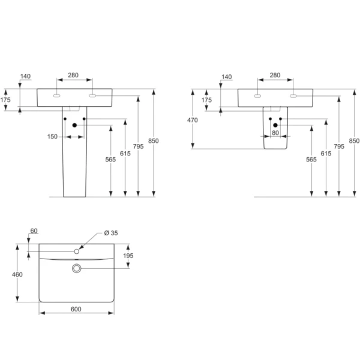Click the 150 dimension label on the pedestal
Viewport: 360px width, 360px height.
click(53, 137)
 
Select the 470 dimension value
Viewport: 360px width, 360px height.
click(192, 120)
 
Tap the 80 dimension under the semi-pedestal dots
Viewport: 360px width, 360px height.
click(275, 133)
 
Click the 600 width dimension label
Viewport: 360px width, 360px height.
click(76, 309)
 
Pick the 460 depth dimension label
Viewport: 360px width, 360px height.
click(17, 274)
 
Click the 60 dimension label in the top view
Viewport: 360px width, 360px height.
click(34, 231)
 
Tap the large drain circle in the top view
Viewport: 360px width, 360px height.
click(76, 268)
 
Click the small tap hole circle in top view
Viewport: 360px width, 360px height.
click(77, 249)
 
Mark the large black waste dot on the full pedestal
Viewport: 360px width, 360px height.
click(74, 125)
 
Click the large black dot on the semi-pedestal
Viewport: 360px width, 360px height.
click(275, 125)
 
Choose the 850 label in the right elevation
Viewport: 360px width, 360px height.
click(353, 140)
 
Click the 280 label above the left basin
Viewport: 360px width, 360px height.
click(73, 75)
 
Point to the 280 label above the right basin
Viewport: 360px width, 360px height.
click(275, 75)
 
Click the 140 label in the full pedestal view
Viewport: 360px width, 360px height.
click(25, 76)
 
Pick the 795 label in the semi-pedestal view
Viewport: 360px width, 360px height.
click(339, 145)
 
